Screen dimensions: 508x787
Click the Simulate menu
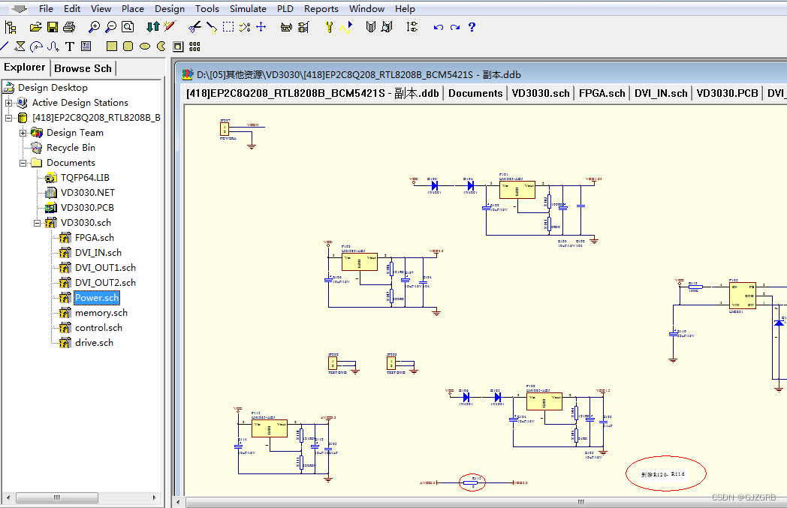click(248, 9)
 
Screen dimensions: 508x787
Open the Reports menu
click(321, 9)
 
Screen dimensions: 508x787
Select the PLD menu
click(285, 9)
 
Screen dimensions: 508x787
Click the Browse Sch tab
click(83, 68)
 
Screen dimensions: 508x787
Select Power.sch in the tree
click(97, 298)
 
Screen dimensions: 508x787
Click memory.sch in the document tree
click(101, 313)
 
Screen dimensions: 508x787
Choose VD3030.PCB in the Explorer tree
click(87, 208)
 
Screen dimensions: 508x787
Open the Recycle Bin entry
click(71, 148)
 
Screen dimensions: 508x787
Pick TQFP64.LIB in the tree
click(85, 178)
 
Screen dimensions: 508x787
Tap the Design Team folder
click(75, 133)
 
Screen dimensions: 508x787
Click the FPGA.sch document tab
click(602, 94)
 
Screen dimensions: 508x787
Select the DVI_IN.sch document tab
click(660, 94)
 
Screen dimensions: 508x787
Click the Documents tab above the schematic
click(475, 94)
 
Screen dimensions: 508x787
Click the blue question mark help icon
click(472, 27)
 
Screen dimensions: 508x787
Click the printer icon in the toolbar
click(69, 27)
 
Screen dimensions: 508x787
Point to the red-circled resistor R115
click(473, 482)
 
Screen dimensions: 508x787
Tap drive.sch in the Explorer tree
click(94, 343)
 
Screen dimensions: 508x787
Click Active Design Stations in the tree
click(80, 103)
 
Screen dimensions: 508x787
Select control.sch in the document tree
click(98, 328)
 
